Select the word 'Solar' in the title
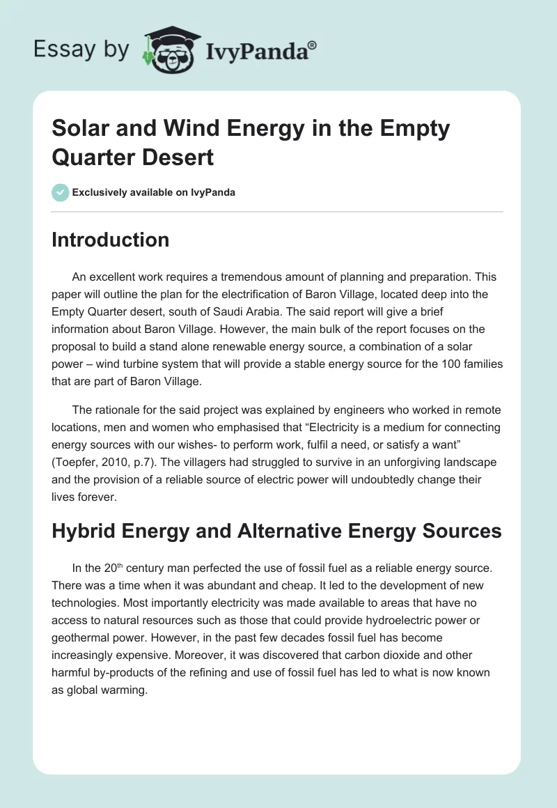point(78,129)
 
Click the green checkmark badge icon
point(61,192)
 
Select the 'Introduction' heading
point(111,240)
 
